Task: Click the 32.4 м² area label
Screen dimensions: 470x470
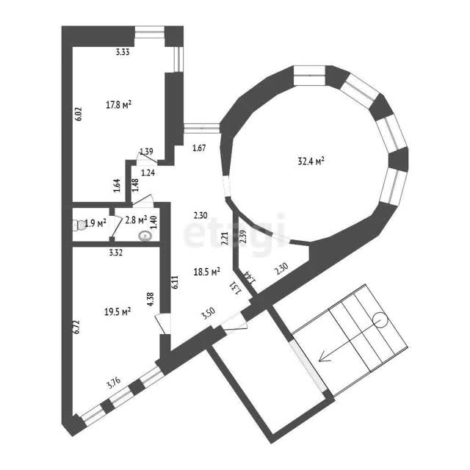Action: (x=311, y=162)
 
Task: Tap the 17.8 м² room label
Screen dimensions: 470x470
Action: (x=119, y=104)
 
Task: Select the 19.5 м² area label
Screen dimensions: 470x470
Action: (x=117, y=312)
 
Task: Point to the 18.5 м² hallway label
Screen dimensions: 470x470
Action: (x=207, y=272)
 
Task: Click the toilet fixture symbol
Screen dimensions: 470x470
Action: (x=79, y=225)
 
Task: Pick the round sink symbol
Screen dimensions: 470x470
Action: (x=145, y=236)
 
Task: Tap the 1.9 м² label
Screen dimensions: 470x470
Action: (x=95, y=223)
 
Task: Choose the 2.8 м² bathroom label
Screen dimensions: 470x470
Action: (x=136, y=220)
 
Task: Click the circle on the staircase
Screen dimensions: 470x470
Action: (x=381, y=319)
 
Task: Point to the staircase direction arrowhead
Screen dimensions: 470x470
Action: (x=322, y=357)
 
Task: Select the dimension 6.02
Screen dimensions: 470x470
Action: (x=79, y=114)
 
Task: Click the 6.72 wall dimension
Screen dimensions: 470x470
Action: (x=76, y=327)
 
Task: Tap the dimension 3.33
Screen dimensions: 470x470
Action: (x=123, y=52)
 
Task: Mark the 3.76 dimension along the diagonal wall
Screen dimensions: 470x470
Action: (x=114, y=383)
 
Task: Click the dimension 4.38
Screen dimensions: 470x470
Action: (x=151, y=299)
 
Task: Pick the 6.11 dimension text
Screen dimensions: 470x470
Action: (x=176, y=282)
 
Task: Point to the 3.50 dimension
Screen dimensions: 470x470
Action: (x=209, y=314)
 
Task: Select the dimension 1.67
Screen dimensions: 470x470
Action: (x=199, y=148)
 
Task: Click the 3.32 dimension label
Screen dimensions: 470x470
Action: (x=116, y=253)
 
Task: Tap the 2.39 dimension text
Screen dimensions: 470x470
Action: (x=244, y=236)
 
